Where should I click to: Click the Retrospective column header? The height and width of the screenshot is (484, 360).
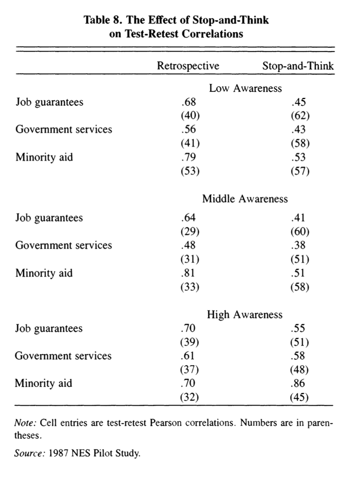click(188, 66)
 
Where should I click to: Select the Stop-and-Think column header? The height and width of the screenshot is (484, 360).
click(298, 66)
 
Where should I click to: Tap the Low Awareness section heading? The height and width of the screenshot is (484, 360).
click(245, 88)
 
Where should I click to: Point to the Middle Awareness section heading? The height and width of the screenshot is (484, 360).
click(245, 199)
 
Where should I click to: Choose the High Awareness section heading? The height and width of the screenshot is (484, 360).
click(244, 315)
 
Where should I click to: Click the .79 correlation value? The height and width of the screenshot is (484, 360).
click(188, 157)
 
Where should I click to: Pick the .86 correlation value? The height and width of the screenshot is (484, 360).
click(299, 383)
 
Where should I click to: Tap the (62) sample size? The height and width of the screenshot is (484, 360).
click(300, 116)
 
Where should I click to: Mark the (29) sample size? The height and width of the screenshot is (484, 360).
click(188, 232)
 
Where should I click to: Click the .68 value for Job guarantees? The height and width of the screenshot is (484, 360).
click(188, 102)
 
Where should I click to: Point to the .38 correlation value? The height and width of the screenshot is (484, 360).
click(299, 245)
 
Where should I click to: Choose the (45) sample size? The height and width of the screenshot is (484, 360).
click(300, 397)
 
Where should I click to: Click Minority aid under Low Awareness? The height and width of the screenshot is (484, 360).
click(44, 157)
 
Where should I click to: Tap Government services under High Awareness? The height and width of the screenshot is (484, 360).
click(63, 356)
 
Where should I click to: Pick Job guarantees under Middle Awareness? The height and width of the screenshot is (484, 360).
click(49, 218)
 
